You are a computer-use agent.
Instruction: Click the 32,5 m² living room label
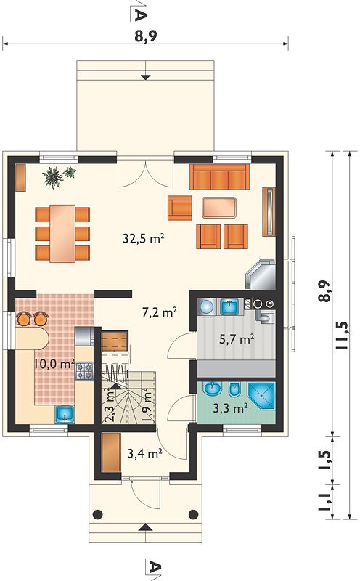143,239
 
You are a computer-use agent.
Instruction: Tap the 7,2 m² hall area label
159,312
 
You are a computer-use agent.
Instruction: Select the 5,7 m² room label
237,339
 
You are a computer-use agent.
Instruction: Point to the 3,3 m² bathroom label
231,408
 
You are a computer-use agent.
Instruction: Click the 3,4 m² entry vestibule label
145,452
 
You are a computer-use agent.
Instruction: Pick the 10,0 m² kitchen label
54,364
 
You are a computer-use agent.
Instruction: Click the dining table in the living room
62,233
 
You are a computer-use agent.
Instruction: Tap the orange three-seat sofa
219,177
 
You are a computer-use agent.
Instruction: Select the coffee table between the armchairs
219,208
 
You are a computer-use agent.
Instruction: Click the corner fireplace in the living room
261,275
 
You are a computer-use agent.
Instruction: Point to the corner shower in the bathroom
262,396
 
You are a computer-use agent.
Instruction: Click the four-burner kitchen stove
84,371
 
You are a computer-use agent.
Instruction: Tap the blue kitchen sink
65,414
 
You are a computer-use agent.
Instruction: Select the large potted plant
53,177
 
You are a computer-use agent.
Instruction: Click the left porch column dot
97,514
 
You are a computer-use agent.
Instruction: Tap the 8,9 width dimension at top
146,36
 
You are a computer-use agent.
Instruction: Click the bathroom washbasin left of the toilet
213,389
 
